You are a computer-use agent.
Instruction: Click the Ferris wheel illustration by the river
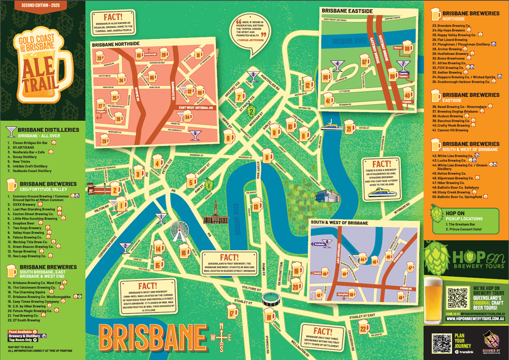(179, 232)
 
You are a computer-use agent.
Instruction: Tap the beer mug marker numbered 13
(257, 206)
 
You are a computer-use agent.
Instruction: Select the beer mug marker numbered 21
(350, 129)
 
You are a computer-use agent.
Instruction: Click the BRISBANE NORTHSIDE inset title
(115, 45)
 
